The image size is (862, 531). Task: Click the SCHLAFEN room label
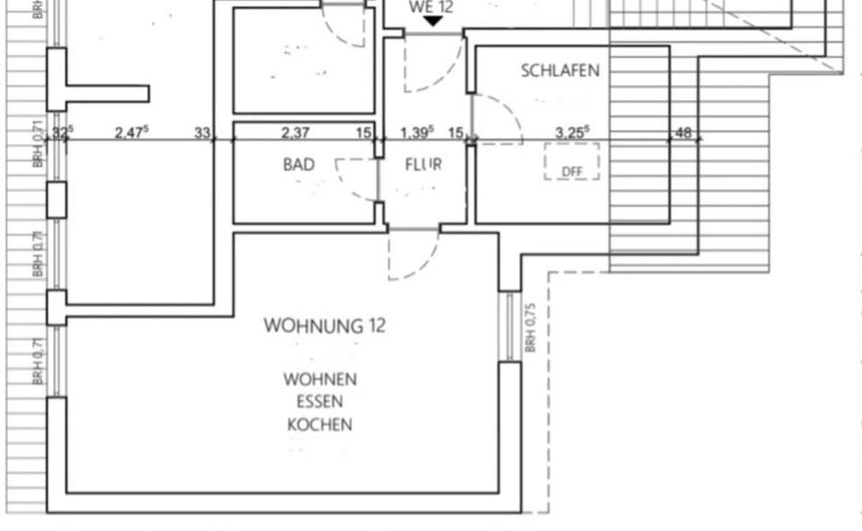click(x=559, y=71)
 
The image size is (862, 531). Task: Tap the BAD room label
click(x=299, y=165)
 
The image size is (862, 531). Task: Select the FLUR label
click(x=423, y=165)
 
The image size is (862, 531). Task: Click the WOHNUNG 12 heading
click(x=324, y=326)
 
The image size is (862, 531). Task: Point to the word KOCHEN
click(x=320, y=425)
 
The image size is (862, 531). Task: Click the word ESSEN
click(x=320, y=403)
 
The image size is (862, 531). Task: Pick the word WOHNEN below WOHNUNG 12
click(x=320, y=380)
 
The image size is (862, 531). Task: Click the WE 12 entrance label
click(x=431, y=7)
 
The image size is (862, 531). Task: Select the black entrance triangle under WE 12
click(x=432, y=21)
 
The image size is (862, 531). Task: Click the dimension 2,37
click(x=295, y=133)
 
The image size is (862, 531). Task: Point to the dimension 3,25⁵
click(x=573, y=133)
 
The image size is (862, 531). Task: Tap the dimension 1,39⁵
click(x=417, y=133)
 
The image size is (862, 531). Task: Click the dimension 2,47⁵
click(x=132, y=133)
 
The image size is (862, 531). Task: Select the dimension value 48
click(x=683, y=133)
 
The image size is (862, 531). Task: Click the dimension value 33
click(x=203, y=133)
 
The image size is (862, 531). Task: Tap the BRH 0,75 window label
click(x=531, y=326)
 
